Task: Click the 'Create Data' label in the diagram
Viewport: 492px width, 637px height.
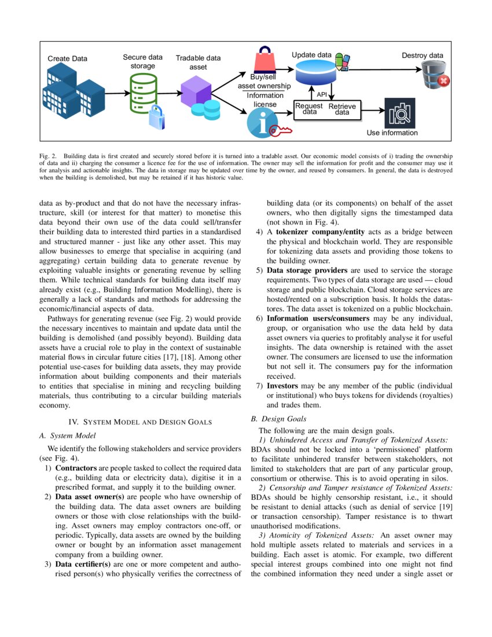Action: click(67, 58)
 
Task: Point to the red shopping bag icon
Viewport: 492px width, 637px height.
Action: click(266, 60)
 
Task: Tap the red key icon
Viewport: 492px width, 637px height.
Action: click(283, 130)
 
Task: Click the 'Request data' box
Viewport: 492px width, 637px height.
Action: click(309, 109)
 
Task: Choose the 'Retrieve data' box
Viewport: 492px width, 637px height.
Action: click(342, 109)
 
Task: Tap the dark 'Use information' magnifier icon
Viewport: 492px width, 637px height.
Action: click(399, 113)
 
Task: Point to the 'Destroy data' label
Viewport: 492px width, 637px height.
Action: click(423, 56)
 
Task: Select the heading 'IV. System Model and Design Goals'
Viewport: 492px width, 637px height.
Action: click(140, 422)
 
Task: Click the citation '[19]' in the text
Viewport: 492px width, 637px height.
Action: click(446, 507)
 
